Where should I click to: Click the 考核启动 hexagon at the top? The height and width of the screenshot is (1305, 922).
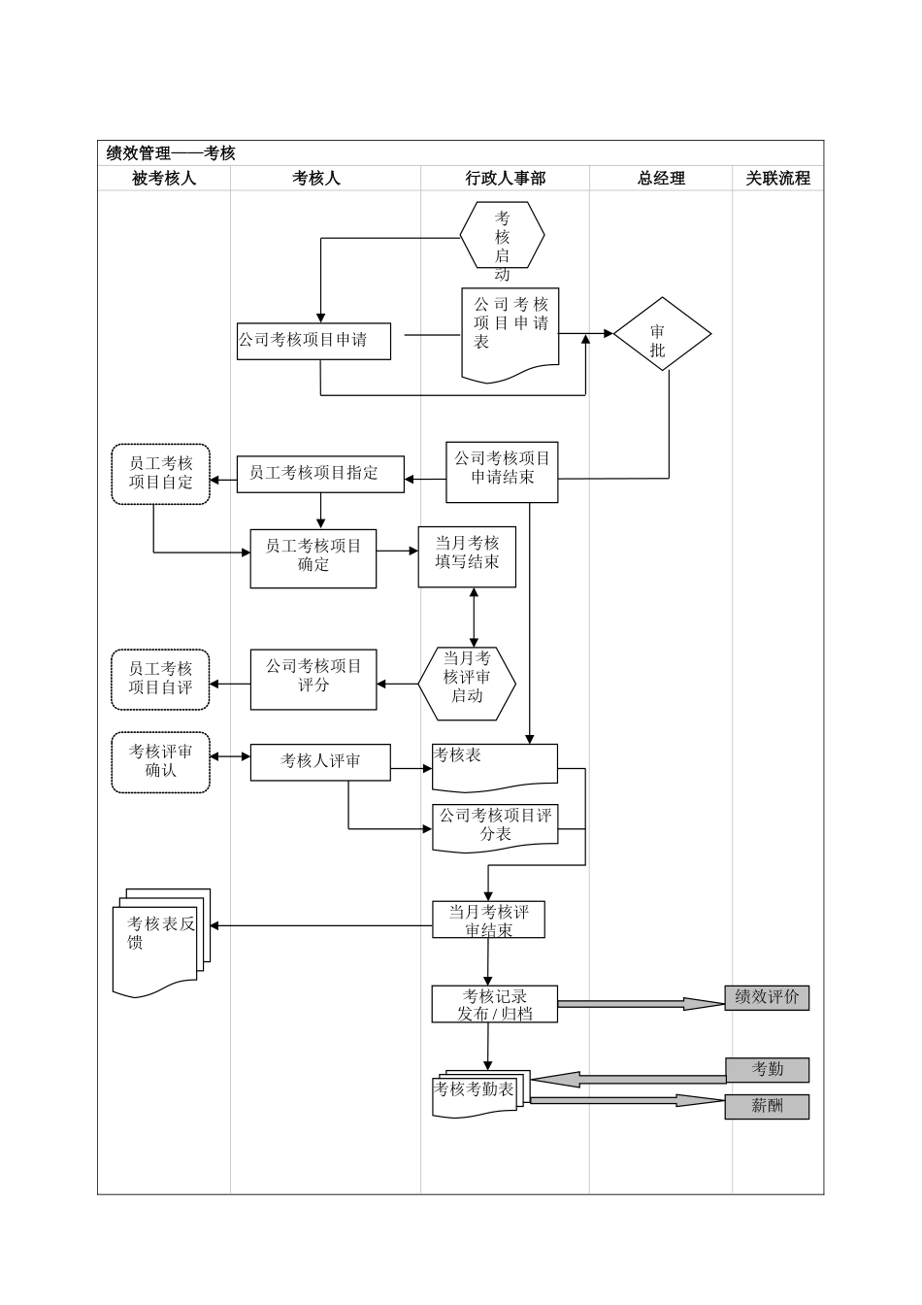click(502, 235)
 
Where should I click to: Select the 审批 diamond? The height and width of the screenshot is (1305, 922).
click(662, 335)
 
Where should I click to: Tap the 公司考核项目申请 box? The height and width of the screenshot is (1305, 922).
click(313, 341)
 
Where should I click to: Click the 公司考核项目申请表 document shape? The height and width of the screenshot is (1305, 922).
click(510, 331)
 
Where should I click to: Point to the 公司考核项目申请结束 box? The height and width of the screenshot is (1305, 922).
click(502, 472)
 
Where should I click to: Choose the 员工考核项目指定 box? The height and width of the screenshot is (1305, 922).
click(320, 474)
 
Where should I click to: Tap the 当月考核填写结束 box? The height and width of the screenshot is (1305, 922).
click(467, 556)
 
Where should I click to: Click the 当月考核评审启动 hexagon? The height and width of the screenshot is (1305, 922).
click(467, 684)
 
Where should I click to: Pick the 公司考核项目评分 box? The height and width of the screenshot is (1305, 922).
click(313, 679)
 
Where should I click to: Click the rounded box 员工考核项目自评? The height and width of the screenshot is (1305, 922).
click(161, 679)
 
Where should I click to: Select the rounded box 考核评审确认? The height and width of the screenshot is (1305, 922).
click(161, 762)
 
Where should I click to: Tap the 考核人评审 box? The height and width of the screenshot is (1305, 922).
click(320, 762)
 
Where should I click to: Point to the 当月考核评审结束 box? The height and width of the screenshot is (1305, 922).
click(488, 920)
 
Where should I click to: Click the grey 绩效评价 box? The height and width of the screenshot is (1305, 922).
click(767, 998)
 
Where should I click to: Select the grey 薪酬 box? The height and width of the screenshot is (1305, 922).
click(767, 1107)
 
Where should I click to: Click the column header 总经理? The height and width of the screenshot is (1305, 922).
click(661, 179)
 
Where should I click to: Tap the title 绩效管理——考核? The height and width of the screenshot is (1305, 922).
click(171, 153)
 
